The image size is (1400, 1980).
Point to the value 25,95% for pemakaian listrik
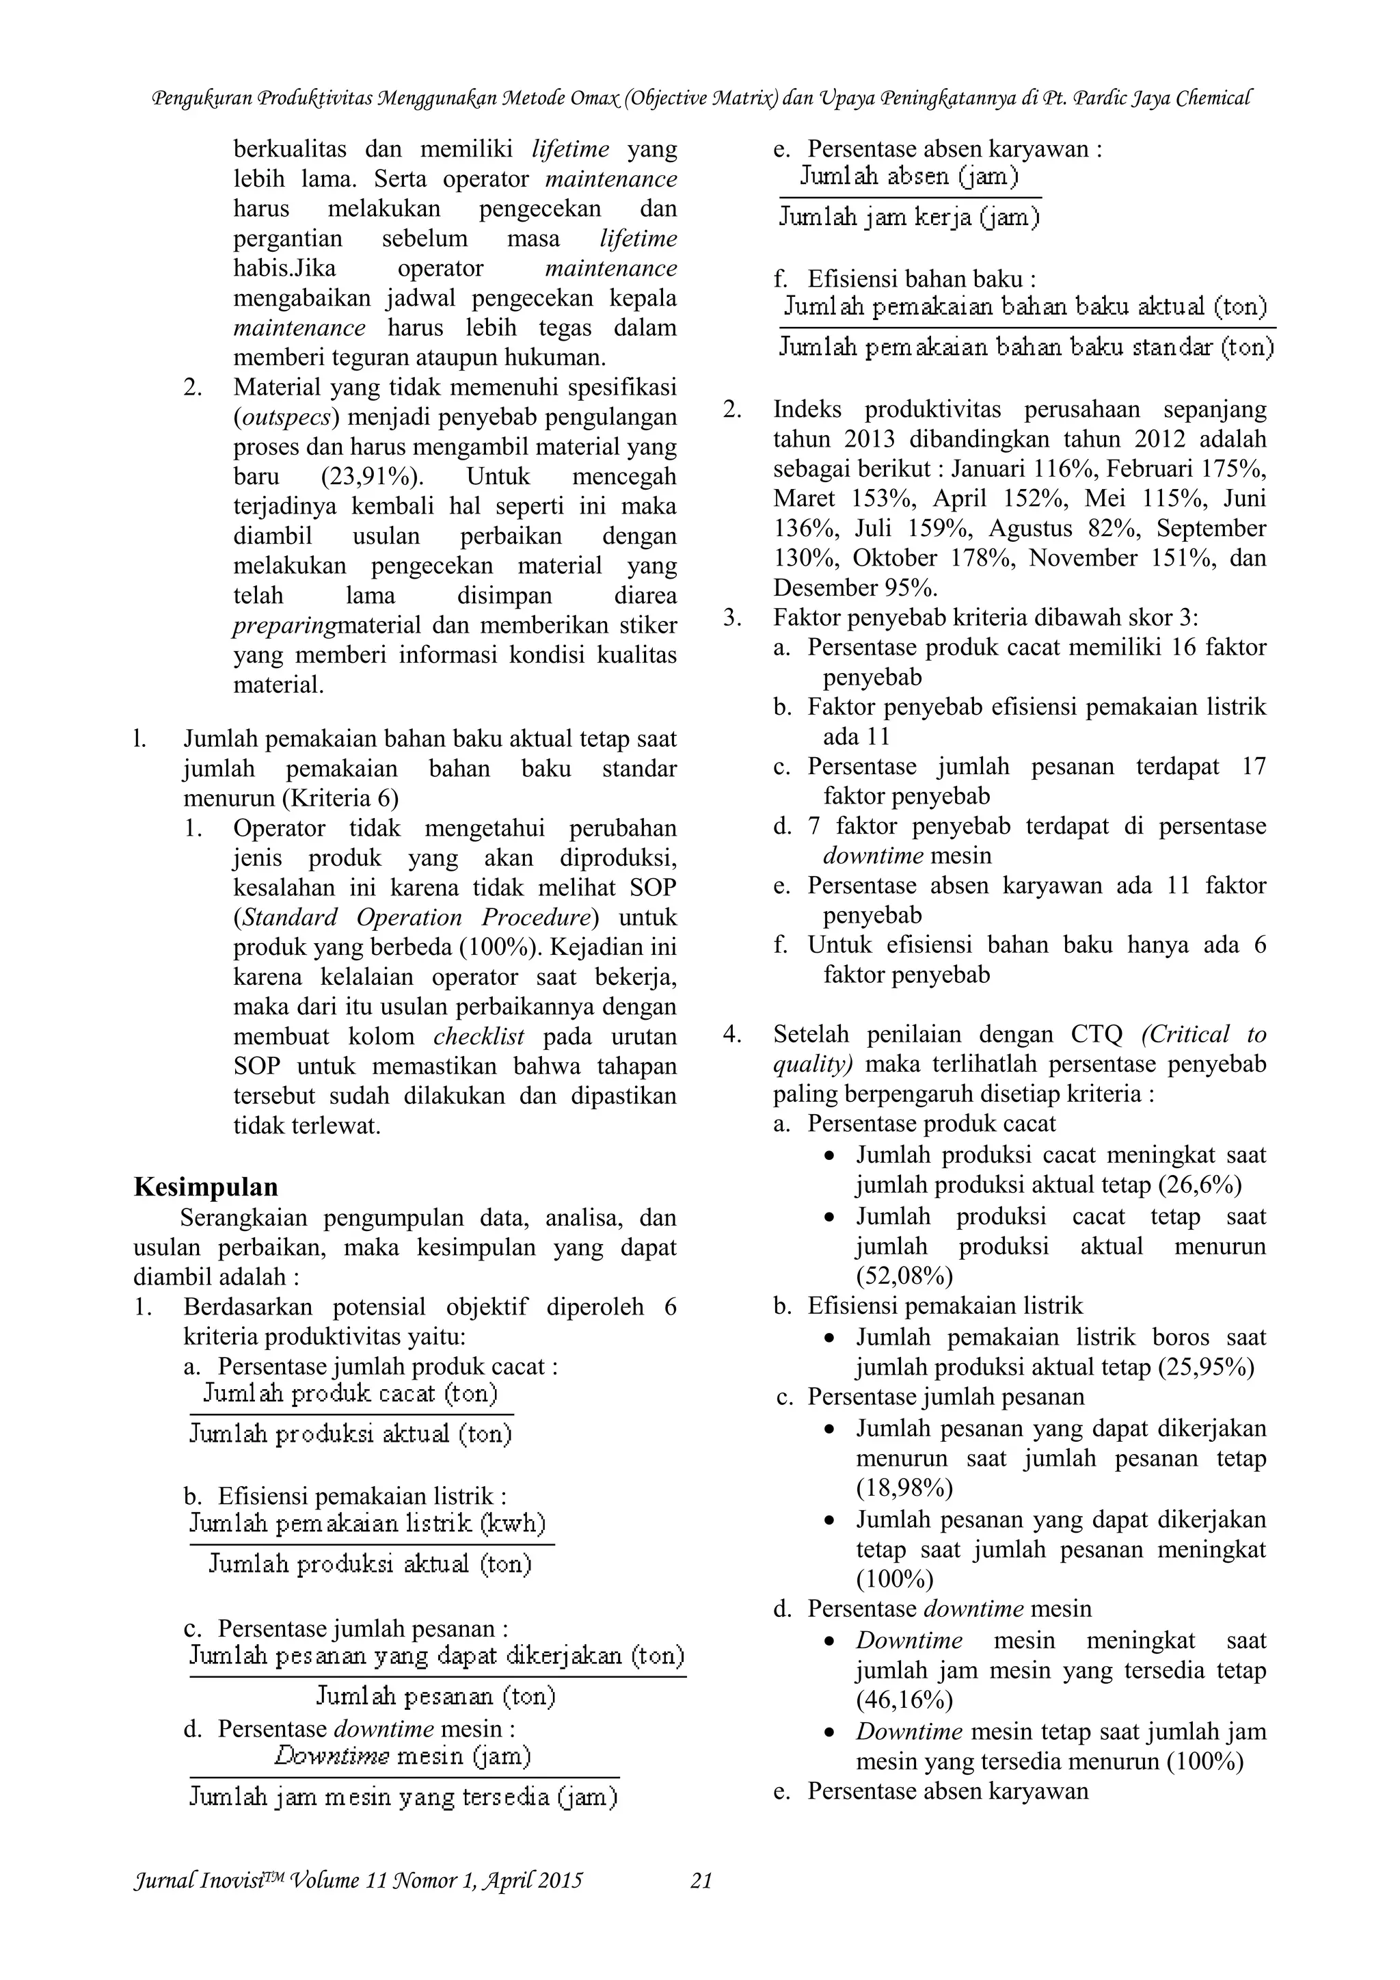pos(1206,1367)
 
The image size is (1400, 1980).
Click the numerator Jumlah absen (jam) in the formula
pos(908,176)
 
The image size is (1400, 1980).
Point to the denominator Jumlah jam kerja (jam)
pos(908,217)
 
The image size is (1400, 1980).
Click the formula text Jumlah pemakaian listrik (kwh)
pos(367,1524)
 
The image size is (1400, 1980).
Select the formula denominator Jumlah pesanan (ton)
pos(435,1696)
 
